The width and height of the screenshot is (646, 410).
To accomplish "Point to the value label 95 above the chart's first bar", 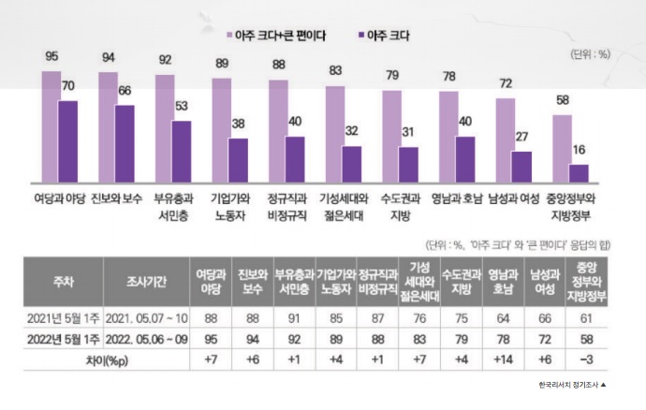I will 51,57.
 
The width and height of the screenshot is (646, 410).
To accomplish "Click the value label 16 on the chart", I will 580,150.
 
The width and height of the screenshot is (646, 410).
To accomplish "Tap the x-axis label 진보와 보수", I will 110,198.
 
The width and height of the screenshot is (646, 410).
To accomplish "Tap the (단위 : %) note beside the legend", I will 590,54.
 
